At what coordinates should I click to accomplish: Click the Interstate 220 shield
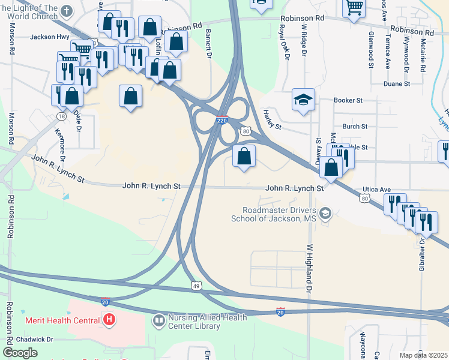click(222, 121)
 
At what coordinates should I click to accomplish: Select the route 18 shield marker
click(61, 115)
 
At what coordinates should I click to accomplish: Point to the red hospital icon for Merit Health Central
click(109, 320)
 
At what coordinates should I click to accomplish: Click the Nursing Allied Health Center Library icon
click(159, 322)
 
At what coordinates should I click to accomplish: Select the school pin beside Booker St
click(303, 100)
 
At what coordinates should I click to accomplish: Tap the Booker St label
click(349, 101)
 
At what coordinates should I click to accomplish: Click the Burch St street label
click(355, 127)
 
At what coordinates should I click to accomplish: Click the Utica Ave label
click(377, 189)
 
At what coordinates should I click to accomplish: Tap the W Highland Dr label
click(310, 267)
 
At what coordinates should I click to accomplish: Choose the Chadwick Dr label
click(35, 339)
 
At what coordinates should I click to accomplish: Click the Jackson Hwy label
click(50, 37)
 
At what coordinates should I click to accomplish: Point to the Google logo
click(20, 352)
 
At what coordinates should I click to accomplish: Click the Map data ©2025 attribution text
click(423, 355)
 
